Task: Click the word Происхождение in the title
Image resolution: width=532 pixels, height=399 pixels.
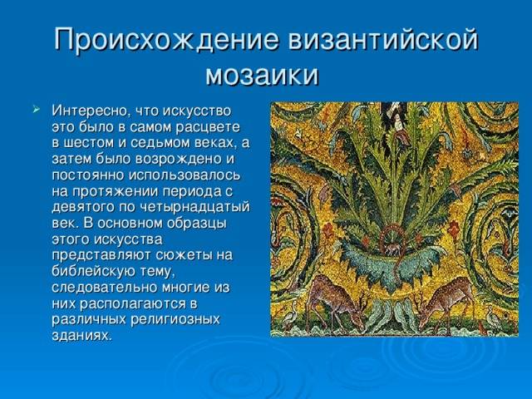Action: [x=166, y=40]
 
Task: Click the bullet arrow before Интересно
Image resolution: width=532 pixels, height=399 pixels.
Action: [x=37, y=110]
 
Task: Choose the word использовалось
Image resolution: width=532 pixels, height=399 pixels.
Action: [x=185, y=175]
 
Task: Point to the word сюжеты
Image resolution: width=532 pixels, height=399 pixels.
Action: [x=184, y=255]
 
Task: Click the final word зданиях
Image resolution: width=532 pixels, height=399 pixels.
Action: [x=81, y=336]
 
